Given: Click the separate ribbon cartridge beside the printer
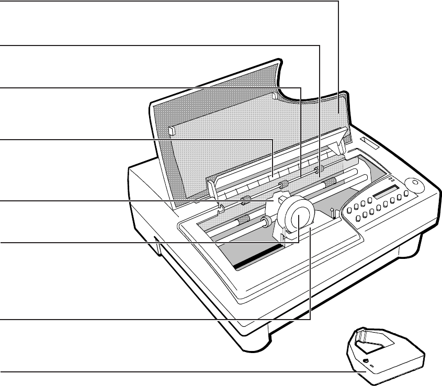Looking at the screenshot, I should pos(387,356).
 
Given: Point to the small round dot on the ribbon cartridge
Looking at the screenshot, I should pos(366,360).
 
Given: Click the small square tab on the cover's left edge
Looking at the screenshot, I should pos(171,130).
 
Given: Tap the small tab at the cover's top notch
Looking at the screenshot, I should pos(275,97).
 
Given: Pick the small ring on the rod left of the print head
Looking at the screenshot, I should pos(266,222).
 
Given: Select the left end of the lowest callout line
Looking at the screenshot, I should pos(1,372).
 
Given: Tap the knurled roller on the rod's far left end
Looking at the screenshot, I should pos(242,220).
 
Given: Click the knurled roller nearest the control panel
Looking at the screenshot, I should pos(330,182).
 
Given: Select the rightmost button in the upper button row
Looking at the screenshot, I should pos(406,196).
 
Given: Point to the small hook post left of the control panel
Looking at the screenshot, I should pos(332,211).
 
